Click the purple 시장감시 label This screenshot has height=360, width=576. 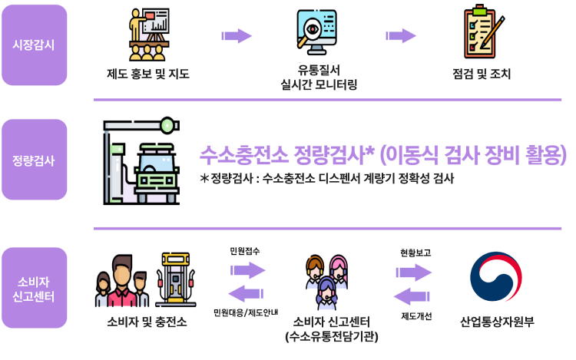coord(34,43)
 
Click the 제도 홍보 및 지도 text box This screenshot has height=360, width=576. coord(151,74)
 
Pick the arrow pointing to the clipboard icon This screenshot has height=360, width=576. coord(401,35)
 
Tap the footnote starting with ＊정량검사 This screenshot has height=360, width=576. coord(326,180)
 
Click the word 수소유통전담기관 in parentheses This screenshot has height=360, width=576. coord(329,336)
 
